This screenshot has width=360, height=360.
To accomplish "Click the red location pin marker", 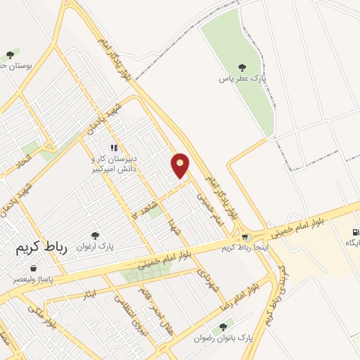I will (x=181, y=166).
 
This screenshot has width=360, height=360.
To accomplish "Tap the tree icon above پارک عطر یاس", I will (x=242, y=68).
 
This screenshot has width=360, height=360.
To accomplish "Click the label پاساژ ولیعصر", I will (x=34, y=278).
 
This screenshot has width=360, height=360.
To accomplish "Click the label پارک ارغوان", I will (x=96, y=247).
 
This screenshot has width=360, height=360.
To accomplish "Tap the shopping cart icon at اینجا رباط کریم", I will (x=245, y=238).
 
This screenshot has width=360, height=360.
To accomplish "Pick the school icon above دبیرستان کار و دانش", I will (x=114, y=148).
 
